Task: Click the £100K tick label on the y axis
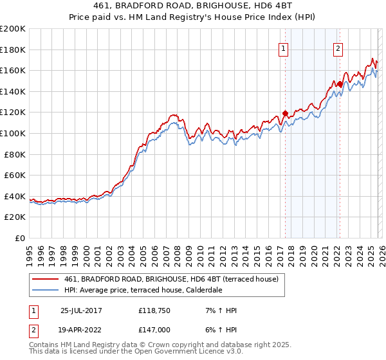click(x=13, y=133)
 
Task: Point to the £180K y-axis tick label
click(x=13, y=50)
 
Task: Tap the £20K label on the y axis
click(x=15, y=217)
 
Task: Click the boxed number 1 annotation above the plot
click(x=284, y=47)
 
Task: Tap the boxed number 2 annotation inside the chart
click(x=338, y=47)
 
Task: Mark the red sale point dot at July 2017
click(x=285, y=114)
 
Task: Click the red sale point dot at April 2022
click(x=339, y=84)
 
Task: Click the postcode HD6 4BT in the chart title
click(x=247, y=6)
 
